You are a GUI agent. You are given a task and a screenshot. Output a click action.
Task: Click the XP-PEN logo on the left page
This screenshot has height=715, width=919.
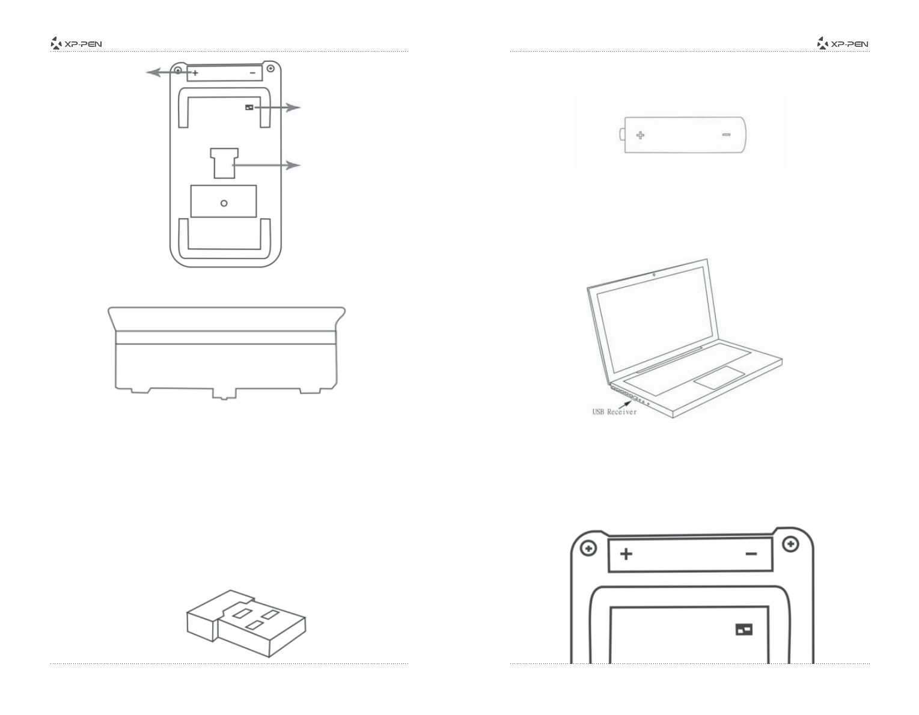pyautogui.click(x=76, y=43)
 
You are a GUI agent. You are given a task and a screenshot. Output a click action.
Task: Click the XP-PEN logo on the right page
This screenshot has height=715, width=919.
pyautogui.click(x=843, y=43)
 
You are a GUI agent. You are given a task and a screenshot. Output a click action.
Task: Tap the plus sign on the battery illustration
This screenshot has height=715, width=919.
pyautogui.click(x=640, y=135)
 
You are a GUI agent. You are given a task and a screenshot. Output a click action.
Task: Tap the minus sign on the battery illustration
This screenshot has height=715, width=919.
pyautogui.click(x=726, y=135)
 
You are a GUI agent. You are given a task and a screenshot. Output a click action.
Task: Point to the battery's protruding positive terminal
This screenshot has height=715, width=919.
pyautogui.click(x=621, y=135)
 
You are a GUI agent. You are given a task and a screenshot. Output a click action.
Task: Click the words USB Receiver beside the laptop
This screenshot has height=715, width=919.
pyautogui.click(x=614, y=412)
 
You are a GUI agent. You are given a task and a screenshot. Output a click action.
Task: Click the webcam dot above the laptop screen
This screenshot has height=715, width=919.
pyautogui.click(x=653, y=275)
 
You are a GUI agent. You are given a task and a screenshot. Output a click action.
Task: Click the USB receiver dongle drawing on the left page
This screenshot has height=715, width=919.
pyautogui.click(x=248, y=622)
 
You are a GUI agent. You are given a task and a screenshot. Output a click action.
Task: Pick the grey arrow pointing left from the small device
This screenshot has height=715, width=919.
pyautogui.click(x=161, y=73)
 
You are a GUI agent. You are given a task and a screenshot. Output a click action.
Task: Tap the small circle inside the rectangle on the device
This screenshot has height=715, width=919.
pyautogui.click(x=224, y=203)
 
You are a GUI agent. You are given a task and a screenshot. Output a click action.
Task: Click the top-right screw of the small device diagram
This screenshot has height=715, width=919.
pyautogui.click(x=270, y=68)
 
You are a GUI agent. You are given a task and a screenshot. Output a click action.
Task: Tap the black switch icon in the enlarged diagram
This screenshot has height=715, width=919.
pyautogui.click(x=744, y=629)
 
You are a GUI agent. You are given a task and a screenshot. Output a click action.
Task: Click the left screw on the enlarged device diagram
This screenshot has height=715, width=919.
pyautogui.click(x=589, y=549)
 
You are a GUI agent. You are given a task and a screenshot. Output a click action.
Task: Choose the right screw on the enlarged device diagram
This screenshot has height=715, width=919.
pyautogui.click(x=790, y=544)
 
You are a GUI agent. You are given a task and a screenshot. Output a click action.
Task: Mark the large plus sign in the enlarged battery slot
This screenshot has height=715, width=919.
pyautogui.click(x=626, y=553)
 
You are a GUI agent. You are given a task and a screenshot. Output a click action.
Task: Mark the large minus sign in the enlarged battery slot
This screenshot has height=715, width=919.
pyautogui.click(x=751, y=553)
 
